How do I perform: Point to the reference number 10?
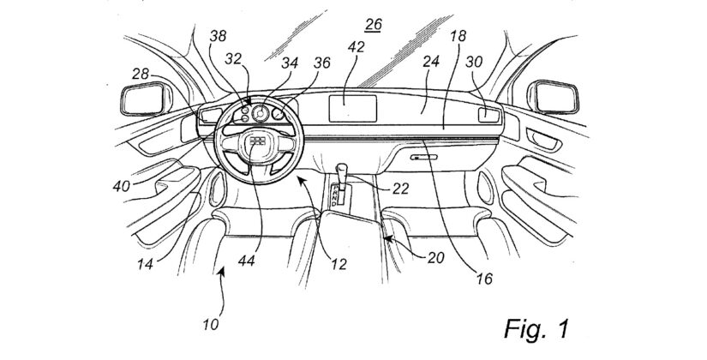[211, 324]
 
